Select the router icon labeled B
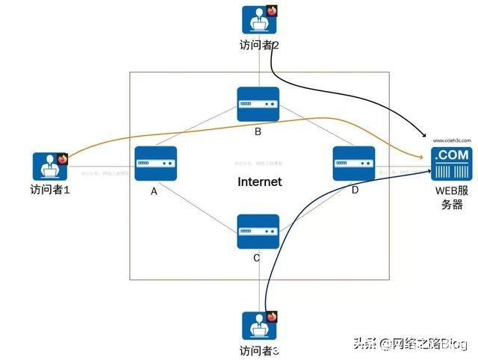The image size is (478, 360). [x=258, y=105]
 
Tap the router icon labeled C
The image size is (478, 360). [x=258, y=232]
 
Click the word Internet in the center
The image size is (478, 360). [x=259, y=181]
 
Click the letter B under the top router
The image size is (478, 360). [x=258, y=132]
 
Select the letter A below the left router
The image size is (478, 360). [x=154, y=191]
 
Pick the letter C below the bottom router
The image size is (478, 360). [x=256, y=258]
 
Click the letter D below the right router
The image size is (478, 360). [x=354, y=191]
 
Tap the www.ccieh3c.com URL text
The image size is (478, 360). [x=451, y=140]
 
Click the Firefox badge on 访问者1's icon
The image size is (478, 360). [x=62, y=158]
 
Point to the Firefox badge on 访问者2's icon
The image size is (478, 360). [x=271, y=10]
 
